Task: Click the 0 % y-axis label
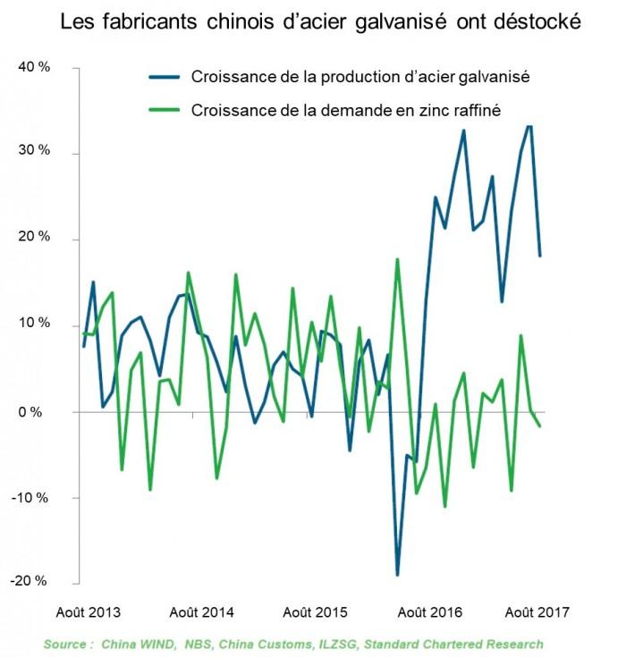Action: tap(35, 412)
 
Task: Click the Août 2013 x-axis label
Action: tap(89, 612)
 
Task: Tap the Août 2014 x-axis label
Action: tap(201, 612)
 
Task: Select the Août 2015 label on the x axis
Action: tap(315, 612)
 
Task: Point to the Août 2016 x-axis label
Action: tap(428, 612)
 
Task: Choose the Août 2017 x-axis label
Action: tap(536, 612)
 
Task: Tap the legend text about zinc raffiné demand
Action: tap(345, 111)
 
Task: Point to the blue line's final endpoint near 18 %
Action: tap(540, 257)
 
